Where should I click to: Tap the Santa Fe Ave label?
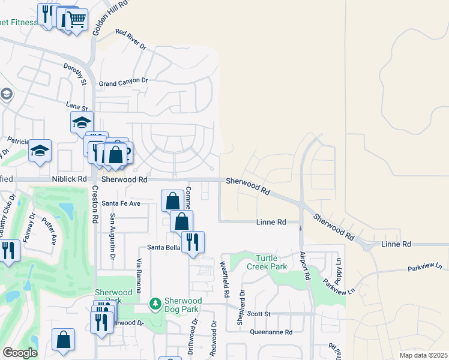tap(121, 203)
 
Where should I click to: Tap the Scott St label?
tap(259, 314)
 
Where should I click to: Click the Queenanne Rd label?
tap(271, 332)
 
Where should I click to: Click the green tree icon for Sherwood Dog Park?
tap(155, 305)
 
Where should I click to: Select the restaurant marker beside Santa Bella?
tap(193, 241)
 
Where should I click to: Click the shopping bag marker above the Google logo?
tap(63, 340)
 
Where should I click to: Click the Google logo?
tap(20, 353)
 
